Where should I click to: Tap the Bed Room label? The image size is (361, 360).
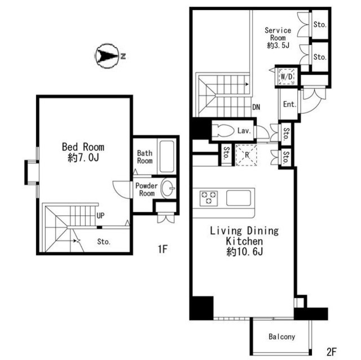pos(83,147)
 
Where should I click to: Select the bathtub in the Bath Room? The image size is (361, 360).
pos(167,156)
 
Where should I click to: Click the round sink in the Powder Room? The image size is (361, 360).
pos(168,188)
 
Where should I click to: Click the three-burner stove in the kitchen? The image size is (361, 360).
pos(209,198)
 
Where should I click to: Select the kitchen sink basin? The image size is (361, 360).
pos(238,198)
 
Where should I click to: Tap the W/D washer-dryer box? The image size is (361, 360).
pos(287,77)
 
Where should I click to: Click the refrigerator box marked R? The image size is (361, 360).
pos(246,155)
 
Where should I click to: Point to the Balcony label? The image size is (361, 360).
pos(282,336)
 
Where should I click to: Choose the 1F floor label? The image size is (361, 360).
pos(162,249)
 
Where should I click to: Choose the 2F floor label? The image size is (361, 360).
pos(332,352)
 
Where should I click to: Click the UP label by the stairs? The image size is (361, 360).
pos(100,215)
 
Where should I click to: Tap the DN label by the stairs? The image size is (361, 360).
pos(256,107)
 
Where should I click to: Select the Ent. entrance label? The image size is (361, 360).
pos(289,104)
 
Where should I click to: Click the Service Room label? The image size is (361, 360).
pos(278,34)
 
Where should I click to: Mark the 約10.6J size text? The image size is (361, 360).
pos(244,252)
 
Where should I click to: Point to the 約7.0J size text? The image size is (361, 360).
pos(83,158)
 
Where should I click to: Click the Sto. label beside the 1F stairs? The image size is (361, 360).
pos(104,242)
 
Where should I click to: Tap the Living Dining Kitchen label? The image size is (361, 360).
pos(244,236)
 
